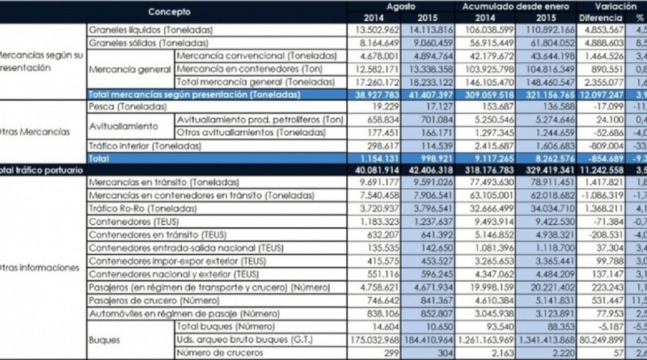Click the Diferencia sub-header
600,17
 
